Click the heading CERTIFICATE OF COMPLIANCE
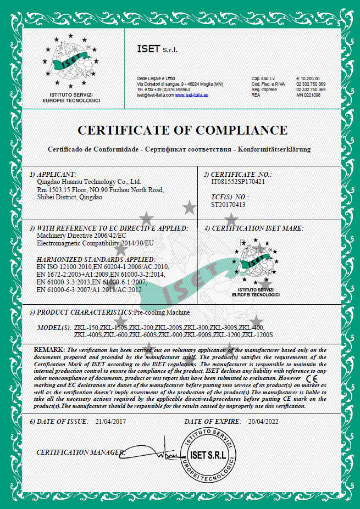[x=182, y=130]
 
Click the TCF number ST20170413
[x=228, y=204]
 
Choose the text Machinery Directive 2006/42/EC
[x=79, y=235]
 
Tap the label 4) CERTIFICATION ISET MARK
[x=254, y=228]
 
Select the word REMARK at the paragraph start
[x=49, y=350]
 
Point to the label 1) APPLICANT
[x=53, y=174]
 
